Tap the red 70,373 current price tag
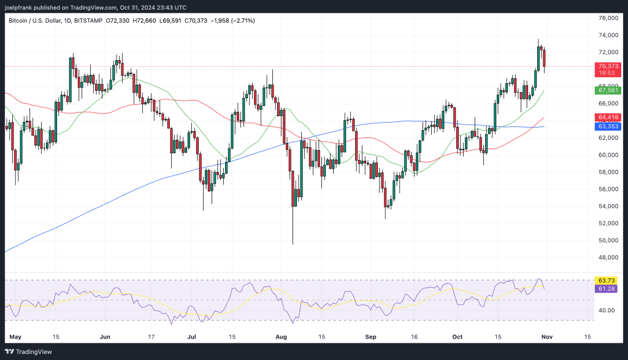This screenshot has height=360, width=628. pos(608,66)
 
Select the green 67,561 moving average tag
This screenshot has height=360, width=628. pos(608,91)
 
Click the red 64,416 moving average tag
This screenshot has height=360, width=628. pos(608,117)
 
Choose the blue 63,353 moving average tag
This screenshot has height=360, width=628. pos(608,126)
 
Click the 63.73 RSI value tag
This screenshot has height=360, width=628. pos(607,280)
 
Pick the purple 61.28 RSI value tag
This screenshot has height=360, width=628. pos(607,288)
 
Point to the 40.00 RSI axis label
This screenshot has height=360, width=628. pos(607,311)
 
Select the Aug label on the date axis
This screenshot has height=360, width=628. pos(281,337)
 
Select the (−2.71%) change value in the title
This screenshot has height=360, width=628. pos(240,21)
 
